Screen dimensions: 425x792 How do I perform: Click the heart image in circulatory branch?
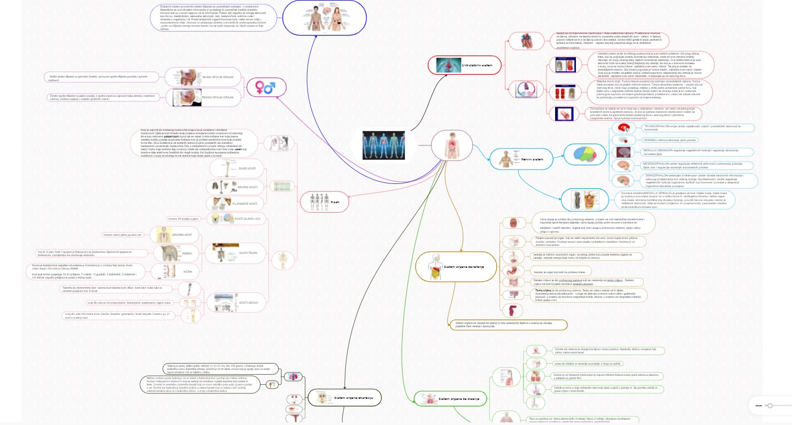(520, 41)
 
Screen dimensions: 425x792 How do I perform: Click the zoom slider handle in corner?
(770, 406)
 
